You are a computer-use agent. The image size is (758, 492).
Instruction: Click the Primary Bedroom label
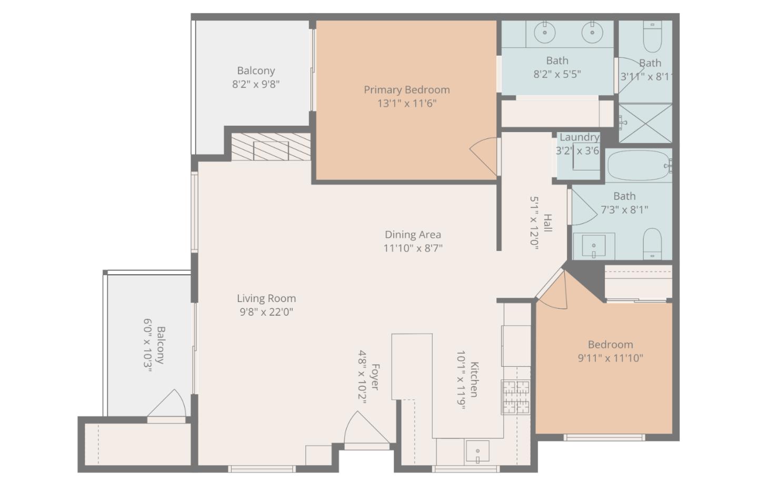406,90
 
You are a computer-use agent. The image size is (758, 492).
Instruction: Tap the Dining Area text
413,235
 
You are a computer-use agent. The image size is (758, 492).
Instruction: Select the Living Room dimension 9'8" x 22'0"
266,312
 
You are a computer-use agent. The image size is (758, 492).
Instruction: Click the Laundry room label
579,137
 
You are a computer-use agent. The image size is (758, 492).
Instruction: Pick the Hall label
548,223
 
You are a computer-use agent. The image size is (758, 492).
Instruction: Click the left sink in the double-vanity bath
544,33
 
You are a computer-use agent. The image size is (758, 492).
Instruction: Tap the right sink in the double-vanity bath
592,33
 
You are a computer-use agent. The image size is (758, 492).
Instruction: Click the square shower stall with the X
645,123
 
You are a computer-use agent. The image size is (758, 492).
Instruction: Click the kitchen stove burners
515,397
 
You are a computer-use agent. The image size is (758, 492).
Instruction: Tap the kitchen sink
477,451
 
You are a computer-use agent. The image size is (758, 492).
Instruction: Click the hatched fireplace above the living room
271,147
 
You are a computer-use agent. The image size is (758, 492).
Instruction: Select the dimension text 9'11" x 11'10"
610,358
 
